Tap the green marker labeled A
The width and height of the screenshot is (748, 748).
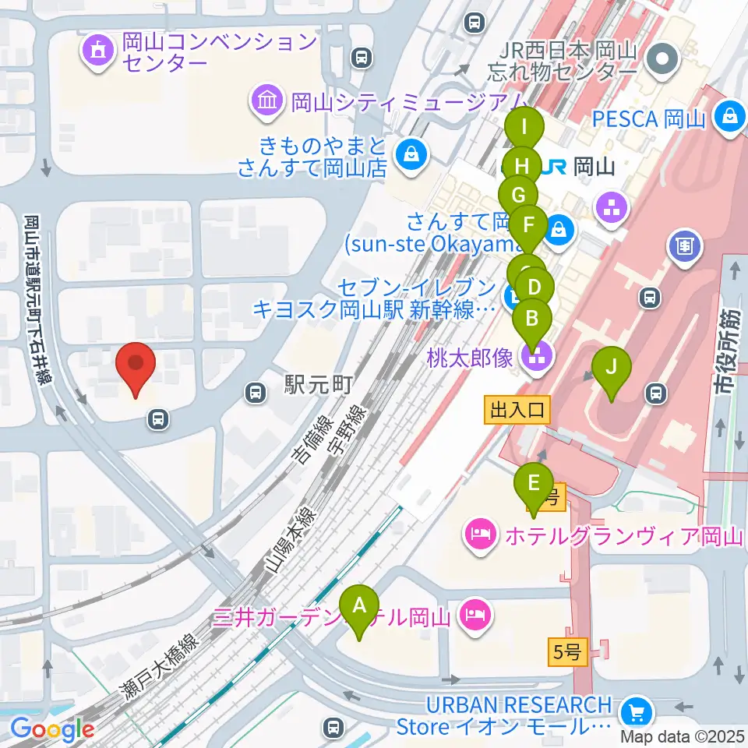359,608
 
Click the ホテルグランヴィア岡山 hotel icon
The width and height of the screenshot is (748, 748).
478,535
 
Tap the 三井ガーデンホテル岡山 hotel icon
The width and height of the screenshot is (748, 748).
474,615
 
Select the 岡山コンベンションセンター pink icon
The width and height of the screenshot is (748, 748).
99,52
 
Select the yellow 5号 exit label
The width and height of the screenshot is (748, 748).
567,653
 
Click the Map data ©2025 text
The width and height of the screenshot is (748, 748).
683,736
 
